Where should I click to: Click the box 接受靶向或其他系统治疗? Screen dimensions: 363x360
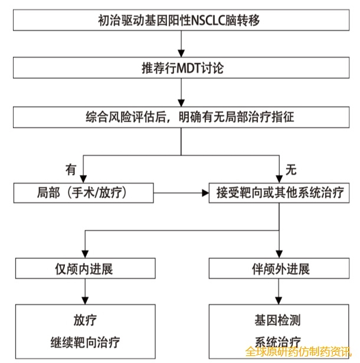[x=277, y=192]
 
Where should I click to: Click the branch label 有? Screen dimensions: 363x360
[x=71, y=169]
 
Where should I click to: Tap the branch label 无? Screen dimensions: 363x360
[x=290, y=169]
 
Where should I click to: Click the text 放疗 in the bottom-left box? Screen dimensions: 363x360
[x=86, y=321]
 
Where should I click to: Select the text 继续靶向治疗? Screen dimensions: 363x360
[x=86, y=341]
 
